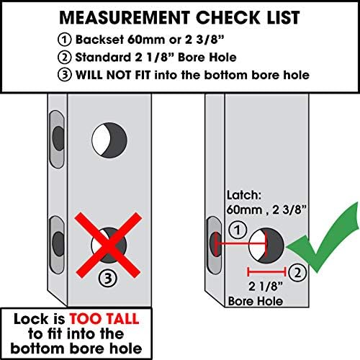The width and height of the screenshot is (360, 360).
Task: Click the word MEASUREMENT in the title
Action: [x=125, y=17]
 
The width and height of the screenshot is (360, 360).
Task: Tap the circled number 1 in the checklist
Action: [x=64, y=40]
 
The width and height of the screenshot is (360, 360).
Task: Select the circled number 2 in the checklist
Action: [x=64, y=58]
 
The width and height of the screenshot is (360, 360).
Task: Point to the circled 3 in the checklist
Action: [x=64, y=75]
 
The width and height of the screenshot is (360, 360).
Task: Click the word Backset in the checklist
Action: [x=99, y=40]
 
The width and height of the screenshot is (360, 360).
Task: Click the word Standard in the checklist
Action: [x=103, y=57]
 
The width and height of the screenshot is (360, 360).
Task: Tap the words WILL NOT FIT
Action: [x=113, y=75]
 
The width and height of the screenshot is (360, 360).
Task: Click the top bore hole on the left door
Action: [x=109, y=140]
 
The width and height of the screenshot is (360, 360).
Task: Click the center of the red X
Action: [x=108, y=245]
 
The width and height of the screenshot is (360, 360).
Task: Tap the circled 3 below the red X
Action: [x=108, y=279]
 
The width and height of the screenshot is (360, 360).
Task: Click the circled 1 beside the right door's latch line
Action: [x=238, y=230]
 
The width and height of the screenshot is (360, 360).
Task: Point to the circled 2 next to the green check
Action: [x=297, y=272]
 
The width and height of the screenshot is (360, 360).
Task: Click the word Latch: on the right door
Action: [x=244, y=195]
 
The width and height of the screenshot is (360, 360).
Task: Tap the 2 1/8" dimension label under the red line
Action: [x=266, y=287]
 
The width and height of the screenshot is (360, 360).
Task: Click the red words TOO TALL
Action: [x=104, y=319]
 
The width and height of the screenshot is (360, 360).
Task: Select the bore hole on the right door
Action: [x=266, y=246]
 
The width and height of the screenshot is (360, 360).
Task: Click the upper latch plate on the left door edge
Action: [x=57, y=139]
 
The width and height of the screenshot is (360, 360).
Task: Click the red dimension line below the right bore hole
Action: [x=266, y=272]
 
